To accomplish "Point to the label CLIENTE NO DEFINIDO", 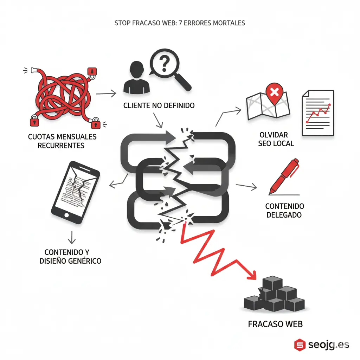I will [x=159, y=105].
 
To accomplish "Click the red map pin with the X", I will [x=274, y=92].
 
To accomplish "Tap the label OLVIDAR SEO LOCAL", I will [x=276, y=139].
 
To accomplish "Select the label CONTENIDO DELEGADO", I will [x=284, y=210].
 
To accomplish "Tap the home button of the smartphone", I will [x=66, y=215].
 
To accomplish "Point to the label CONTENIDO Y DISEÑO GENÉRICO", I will [x=73, y=257].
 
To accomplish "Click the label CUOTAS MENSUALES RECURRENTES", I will [x=62, y=141].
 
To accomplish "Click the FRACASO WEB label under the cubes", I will [x=275, y=324].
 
